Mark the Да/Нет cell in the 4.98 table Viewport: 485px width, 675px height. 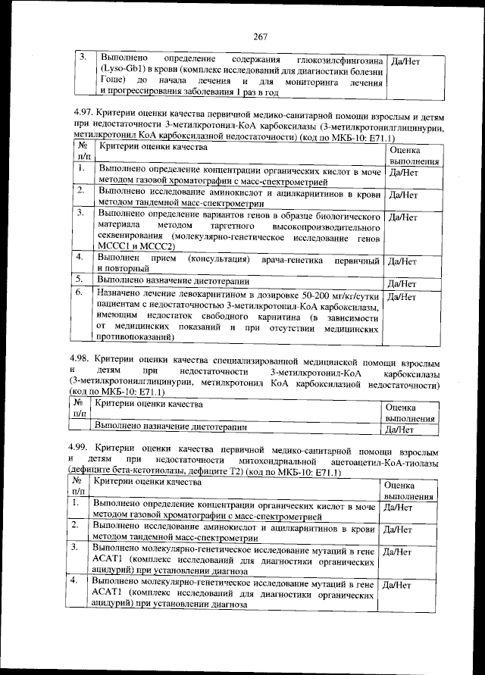click(x=399, y=429)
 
